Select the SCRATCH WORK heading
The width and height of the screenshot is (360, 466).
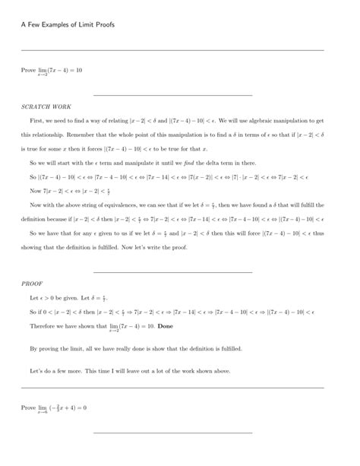tap(46, 107)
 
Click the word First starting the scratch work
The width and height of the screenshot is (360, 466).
tap(36, 120)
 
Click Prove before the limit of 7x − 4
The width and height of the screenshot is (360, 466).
tap(28, 70)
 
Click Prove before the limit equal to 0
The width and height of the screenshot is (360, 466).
tap(28, 408)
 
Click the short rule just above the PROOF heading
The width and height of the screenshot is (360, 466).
tap(172, 271)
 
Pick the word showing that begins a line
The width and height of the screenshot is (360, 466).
tap(35, 247)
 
